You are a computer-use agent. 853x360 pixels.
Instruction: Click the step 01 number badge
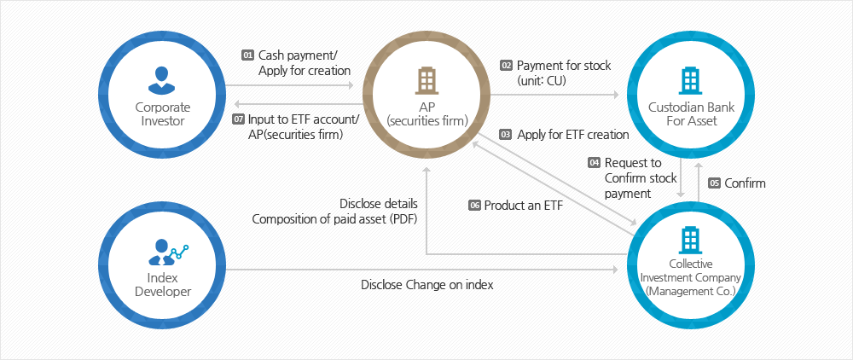(247, 55)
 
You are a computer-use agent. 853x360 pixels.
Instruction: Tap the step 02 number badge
(507, 65)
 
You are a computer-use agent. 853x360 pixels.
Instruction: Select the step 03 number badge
(506, 134)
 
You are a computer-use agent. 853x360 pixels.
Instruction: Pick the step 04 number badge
(594, 163)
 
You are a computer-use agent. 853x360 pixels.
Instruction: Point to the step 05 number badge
(714, 183)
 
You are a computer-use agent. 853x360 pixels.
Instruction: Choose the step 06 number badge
(475, 206)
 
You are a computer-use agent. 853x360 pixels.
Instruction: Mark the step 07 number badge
(238, 119)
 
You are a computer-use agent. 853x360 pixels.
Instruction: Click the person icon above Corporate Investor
(163, 79)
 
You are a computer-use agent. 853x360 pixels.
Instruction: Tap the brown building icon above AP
(426, 80)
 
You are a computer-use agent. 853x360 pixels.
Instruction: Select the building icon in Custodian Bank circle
(691, 80)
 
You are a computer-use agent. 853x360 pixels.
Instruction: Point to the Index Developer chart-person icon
(168, 252)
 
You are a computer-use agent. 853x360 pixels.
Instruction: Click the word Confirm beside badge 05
(746, 183)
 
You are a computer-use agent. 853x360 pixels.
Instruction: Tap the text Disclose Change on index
(427, 284)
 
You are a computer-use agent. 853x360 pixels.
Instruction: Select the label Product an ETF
(525, 206)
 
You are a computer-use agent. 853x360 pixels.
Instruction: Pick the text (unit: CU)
(542, 81)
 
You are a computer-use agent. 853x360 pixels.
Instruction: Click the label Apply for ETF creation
(573, 134)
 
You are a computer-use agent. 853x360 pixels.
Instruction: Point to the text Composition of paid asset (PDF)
(334, 219)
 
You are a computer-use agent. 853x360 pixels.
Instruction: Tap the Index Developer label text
(163, 285)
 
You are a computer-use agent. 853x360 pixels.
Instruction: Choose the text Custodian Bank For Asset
(692, 113)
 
